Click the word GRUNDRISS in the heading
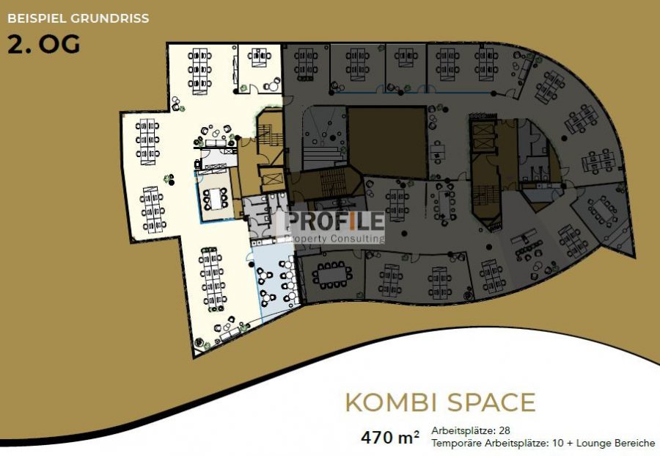point(110,18)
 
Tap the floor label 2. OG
point(44,45)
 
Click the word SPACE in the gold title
point(491,402)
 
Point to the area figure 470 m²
point(390,438)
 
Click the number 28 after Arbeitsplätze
point(505,431)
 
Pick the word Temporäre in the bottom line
point(456,444)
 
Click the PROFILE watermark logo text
point(334,221)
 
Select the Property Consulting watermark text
point(334,239)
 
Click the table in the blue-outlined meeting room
point(216,199)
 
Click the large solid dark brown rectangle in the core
point(388,142)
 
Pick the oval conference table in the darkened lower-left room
point(332,275)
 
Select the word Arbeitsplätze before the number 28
point(463,431)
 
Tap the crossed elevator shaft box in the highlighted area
point(271,179)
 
